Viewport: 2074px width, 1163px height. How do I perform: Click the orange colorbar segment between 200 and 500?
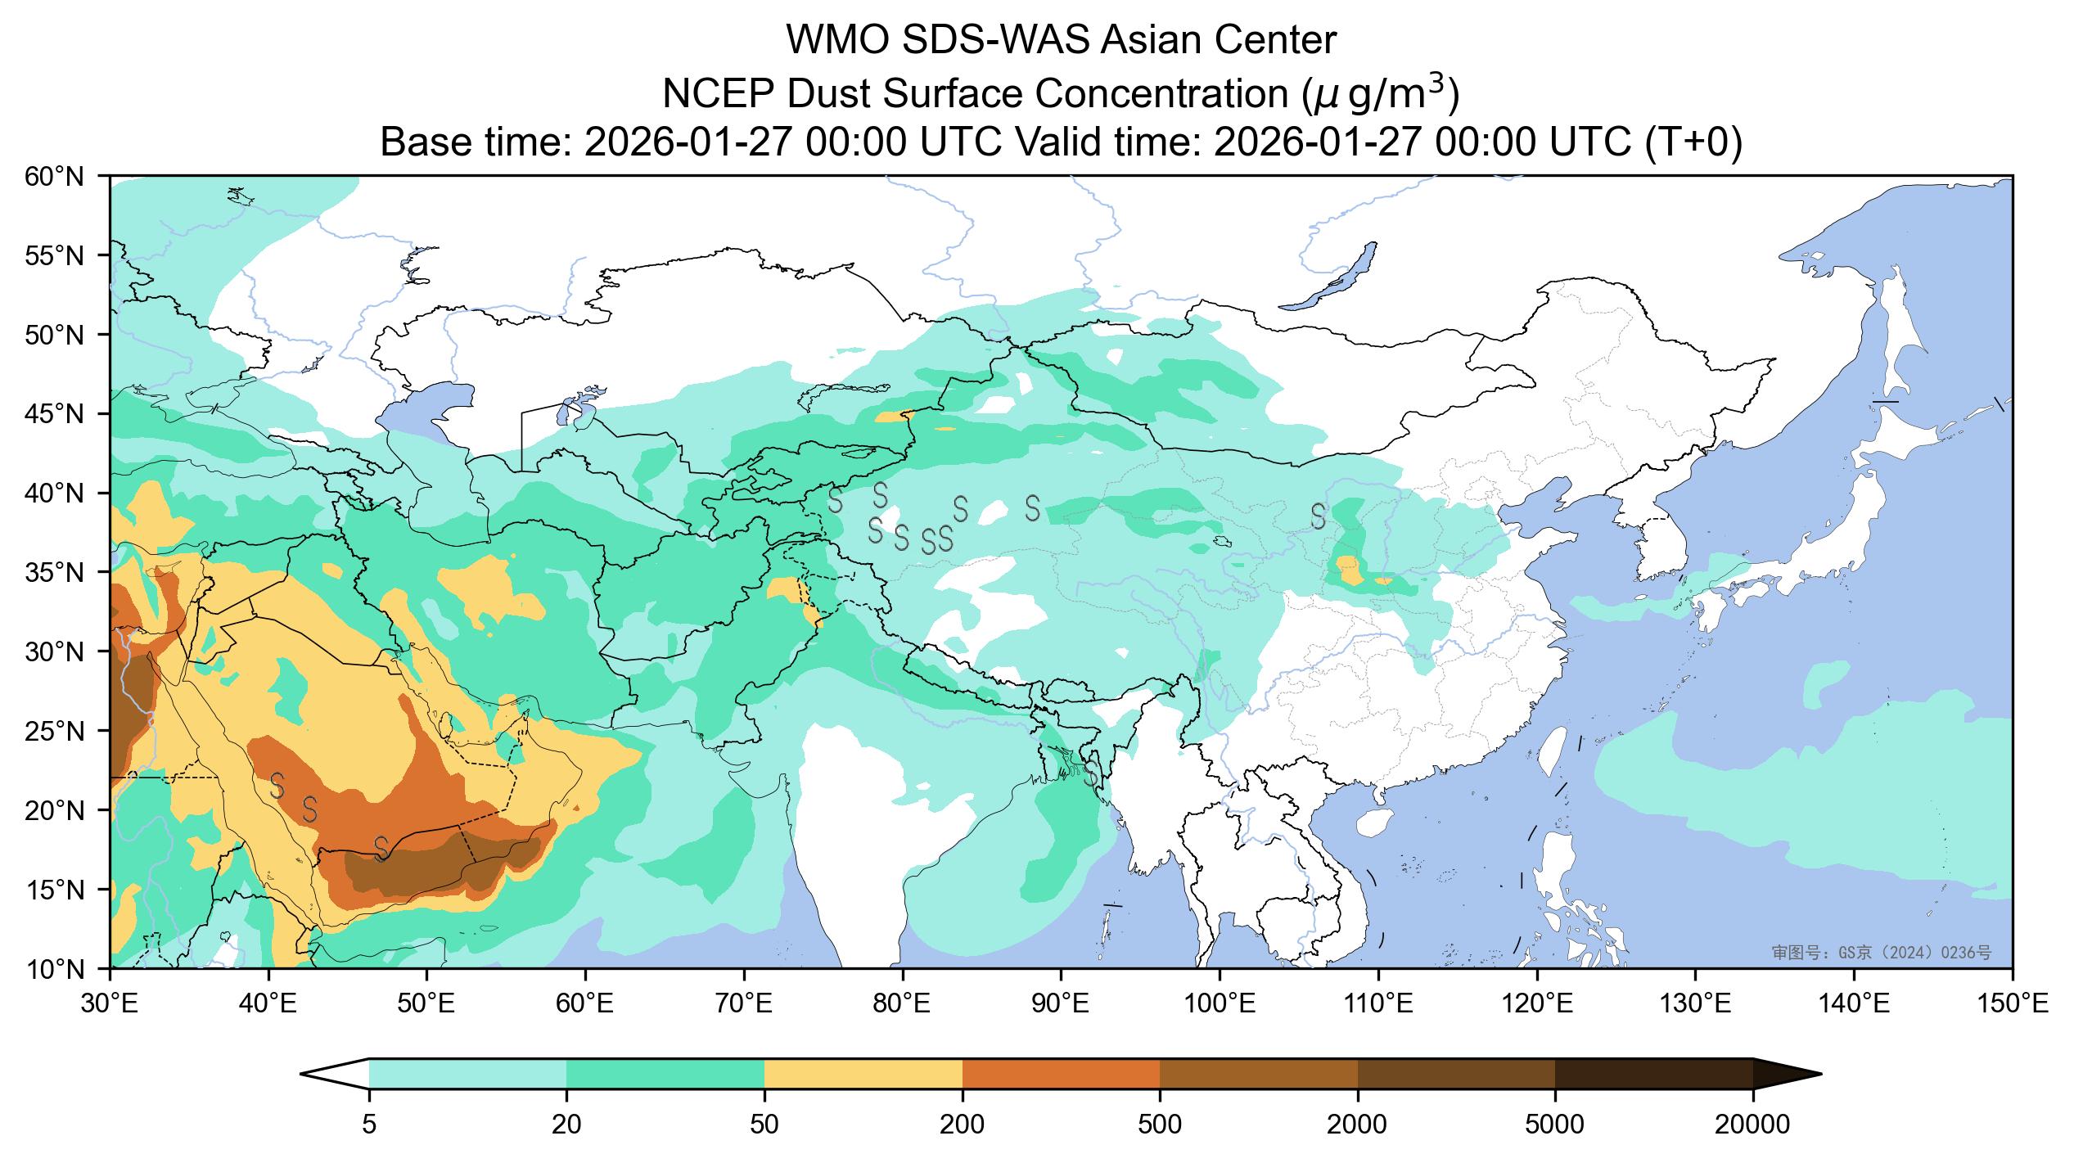pyautogui.click(x=1061, y=1073)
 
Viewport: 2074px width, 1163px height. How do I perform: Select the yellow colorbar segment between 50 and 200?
pyautogui.click(x=863, y=1073)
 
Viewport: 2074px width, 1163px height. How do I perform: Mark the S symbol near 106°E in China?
pyautogui.click(x=1318, y=516)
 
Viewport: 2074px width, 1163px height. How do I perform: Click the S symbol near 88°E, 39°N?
pyautogui.click(x=1033, y=507)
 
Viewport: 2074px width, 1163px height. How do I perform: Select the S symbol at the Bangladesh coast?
pyautogui.click(x=1093, y=772)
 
